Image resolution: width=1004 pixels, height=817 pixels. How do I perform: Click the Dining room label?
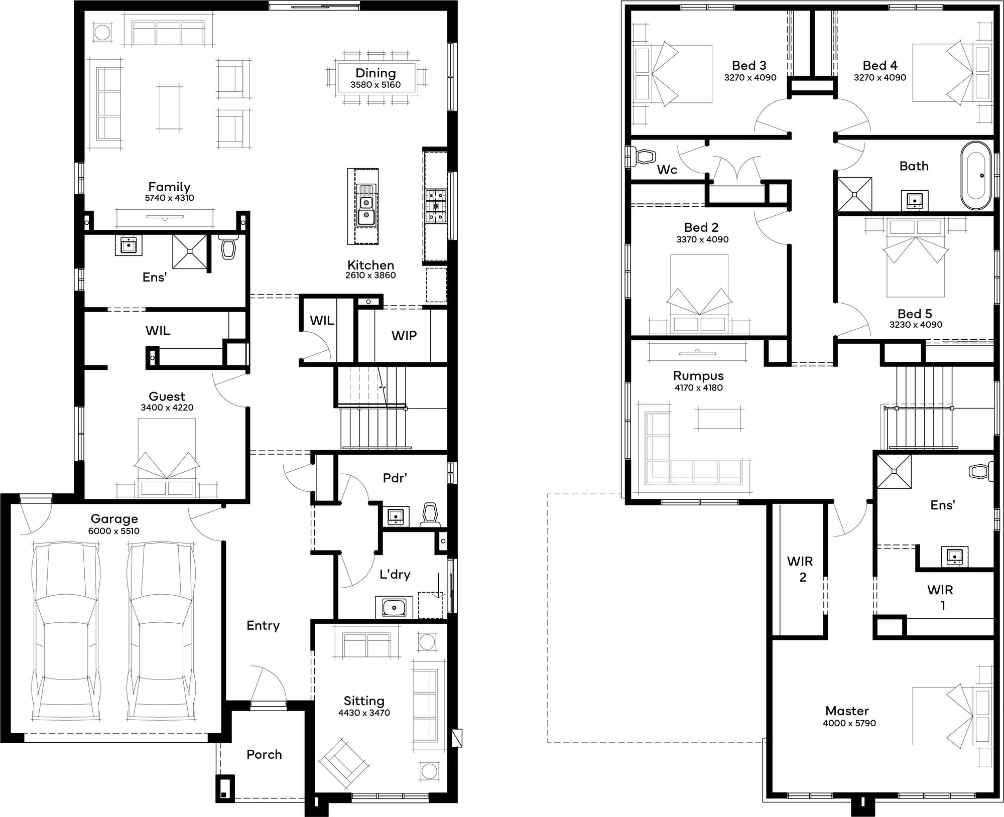tap(375, 73)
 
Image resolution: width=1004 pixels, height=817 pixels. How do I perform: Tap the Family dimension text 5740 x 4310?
tap(169, 198)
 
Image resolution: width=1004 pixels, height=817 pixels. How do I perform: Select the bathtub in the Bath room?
tap(976, 176)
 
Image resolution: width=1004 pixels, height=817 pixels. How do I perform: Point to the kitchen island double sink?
tap(366, 205)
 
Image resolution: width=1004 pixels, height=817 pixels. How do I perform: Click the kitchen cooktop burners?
tap(436, 205)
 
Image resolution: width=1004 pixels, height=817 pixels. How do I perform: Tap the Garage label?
tap(114, 519)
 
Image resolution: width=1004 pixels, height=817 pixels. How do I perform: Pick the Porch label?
tap(264, 754)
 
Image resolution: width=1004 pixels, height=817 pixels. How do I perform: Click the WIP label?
tap(404, 335)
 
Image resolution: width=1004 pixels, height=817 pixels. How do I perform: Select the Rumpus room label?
tap(698, 376)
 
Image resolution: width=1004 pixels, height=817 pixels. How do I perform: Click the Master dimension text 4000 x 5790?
tap(849, 723)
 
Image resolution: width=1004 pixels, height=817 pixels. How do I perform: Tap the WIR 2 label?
tap(800, 569)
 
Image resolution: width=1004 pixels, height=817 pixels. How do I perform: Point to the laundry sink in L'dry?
tap(394, 607)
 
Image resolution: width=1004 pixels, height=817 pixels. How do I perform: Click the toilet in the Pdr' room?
tap(430, 515)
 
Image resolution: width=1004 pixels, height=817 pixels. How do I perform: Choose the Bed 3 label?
tap(749, 66)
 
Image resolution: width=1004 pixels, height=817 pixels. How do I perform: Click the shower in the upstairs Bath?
tap(853, 194)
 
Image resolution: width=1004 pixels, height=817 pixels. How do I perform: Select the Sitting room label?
tap(364, 701)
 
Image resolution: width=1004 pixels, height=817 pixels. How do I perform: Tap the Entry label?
tap(263, 626)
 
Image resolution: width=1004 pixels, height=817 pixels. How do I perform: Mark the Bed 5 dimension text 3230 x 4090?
tap(916, 325)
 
